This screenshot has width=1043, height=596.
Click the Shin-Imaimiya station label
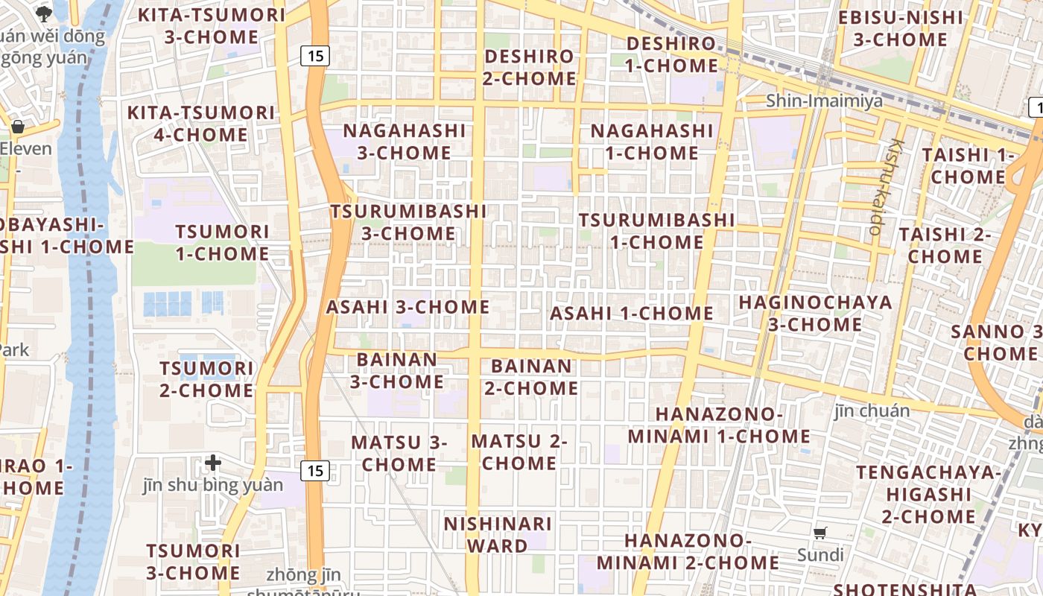pos(825,101)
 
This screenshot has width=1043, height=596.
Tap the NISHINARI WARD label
pos(498,535)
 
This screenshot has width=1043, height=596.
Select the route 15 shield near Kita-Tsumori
pos(315,55)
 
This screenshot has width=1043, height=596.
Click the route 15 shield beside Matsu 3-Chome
pos(315,471)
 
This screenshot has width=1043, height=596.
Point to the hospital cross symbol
pos(213,463)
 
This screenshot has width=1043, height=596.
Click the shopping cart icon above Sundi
pos(820,533)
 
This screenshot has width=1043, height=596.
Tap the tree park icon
pos(44,13)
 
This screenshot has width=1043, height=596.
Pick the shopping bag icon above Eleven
pos(18,127)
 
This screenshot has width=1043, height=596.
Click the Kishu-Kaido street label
pos(887,186)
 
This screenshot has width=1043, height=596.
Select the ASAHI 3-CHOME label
pos(408,307)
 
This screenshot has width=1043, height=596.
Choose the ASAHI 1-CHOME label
pos(632,314)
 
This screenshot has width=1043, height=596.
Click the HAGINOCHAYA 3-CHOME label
pos(815,314)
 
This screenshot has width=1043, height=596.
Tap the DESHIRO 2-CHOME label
pos(529,67)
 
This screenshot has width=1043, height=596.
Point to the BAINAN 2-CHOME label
pos(531,377)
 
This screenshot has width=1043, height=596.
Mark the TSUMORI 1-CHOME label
pos(223,243)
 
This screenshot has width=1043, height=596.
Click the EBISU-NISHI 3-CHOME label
pos(900,28)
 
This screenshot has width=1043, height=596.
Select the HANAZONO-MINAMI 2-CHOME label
pos(687,551)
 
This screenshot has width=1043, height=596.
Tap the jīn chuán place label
pos(872,410)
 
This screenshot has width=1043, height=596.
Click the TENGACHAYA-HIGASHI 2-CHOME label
pos(928,494)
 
